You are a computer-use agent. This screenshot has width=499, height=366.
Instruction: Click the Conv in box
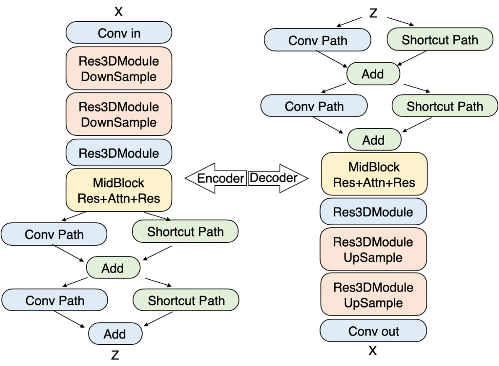coord(119,33)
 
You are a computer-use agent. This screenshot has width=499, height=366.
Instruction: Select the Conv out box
coord(373,331)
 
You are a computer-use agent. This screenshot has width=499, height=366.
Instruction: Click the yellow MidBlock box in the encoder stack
coord(119,190)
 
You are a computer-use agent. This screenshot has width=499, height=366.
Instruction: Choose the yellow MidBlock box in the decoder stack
coord(374,175)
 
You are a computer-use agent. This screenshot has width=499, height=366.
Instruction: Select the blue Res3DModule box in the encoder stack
coord(119,153)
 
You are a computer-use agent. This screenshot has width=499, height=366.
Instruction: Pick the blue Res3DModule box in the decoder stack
coord(373,212)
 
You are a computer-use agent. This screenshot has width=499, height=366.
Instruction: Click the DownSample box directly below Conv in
coord(119,68)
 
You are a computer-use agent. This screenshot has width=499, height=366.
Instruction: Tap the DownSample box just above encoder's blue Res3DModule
coord(119,114)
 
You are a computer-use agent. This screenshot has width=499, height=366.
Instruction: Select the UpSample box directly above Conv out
coord(373,295)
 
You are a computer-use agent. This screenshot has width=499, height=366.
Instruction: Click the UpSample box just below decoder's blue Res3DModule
coord(373,249)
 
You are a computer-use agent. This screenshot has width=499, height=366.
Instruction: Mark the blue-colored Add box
coord(115,334)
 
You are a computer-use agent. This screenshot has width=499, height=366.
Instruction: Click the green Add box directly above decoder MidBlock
coord(373,140)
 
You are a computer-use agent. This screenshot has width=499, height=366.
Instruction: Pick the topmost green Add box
coord(373,74)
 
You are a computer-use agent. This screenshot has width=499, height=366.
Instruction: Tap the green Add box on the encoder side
coord(113,268)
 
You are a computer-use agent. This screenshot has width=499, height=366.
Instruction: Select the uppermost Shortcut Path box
coord(440,40)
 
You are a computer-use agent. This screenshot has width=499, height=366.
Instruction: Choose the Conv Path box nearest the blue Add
coord(54,300)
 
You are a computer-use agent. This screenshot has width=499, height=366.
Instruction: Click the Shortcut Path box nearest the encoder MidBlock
coord(185,232)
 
